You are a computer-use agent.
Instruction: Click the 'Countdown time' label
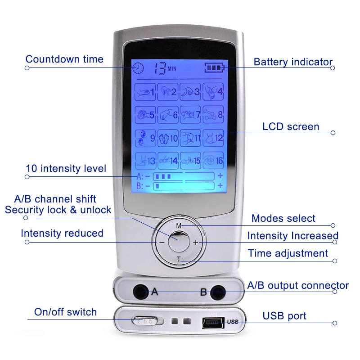64,59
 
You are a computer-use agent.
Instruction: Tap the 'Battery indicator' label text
293,62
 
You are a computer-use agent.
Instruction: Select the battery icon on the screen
214,68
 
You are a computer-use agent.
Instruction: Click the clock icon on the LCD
138,68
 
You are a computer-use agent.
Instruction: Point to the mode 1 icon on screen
145,92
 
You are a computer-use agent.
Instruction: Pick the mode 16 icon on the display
213,160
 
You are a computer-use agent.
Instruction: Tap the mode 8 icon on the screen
213,114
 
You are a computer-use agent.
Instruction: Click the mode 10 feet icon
168,137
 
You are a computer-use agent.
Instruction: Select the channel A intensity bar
184,176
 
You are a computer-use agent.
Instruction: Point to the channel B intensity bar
184,185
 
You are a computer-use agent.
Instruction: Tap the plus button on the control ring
196,242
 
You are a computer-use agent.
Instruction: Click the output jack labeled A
141,291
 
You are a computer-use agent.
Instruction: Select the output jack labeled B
219,291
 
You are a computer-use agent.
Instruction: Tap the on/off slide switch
145,321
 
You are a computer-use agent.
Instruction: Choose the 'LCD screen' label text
291,127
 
